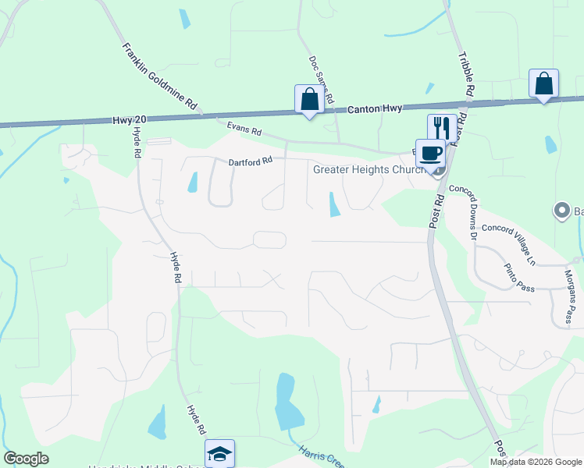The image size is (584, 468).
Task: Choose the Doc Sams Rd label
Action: (x=321, y=80)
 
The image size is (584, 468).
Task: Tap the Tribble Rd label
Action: (x=467, y=73)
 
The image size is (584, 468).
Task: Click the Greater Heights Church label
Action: (x=372, y=169)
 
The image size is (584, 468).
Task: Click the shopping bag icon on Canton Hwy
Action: (x=309, y=99)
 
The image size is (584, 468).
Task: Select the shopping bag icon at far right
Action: (x=543, y=83)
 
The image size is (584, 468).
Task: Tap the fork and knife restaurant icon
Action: (x=442, y=127)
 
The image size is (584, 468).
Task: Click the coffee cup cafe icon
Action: (x=430, y=152)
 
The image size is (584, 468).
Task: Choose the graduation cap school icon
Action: (x=219, y=453)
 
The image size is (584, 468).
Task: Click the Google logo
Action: (x=26, y=459)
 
